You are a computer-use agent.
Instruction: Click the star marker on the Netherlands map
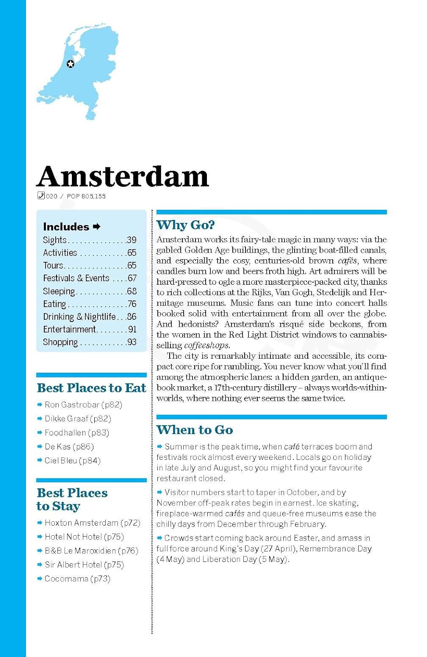pos(70,64)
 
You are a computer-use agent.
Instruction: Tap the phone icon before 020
pos(41,196)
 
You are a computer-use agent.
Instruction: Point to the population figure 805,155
pos(93,196)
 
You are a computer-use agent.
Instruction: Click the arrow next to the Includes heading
pos(97,226)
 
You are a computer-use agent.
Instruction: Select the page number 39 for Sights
pos(132,240)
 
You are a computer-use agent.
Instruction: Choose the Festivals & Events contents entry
pos(76,278)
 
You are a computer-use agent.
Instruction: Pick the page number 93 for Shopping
pos(132,342)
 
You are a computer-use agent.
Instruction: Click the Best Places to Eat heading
pos(91,388)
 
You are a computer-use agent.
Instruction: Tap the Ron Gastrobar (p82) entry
pos(83,405)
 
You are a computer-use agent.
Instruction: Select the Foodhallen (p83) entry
pos(77,433)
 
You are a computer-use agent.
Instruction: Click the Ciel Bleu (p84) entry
pos(72,461)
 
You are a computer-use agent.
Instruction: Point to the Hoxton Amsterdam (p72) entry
pos(93,523)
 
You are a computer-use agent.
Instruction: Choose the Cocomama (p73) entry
pos(77,579)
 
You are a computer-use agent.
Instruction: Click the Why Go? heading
pos(185,225)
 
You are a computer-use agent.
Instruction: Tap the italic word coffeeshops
pos(207,346)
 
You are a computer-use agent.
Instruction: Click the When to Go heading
pos(195,430)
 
